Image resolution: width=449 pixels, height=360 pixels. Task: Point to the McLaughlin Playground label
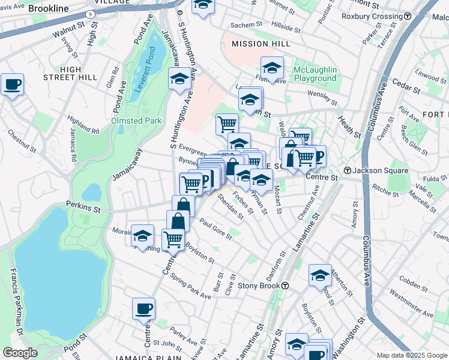(315, 74)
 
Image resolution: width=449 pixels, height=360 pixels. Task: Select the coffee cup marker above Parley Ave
(143, 308)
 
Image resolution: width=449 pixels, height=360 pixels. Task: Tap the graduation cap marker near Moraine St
(143, 236)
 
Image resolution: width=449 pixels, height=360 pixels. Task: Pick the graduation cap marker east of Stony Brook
(320, 275)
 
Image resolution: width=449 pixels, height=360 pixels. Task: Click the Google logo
(20, 353)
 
